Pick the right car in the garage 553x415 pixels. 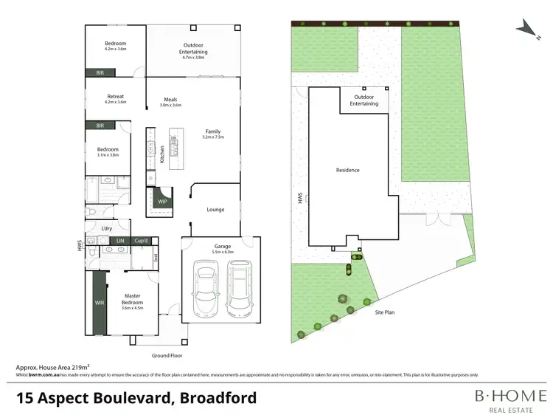(x=238, y=291)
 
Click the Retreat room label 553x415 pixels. (x=115, y=96)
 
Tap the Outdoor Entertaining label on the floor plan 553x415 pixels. (x=194, y=49)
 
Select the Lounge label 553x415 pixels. (x=215, y=210)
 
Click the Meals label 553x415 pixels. (x=170, y=100)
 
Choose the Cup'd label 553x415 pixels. (x=142, y=241)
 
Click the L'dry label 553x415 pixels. (x=107, y=229)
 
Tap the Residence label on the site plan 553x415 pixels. (x=348, y=170)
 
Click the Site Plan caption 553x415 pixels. (x=385, y=313)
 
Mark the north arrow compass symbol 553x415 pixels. (x=526, y=26)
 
